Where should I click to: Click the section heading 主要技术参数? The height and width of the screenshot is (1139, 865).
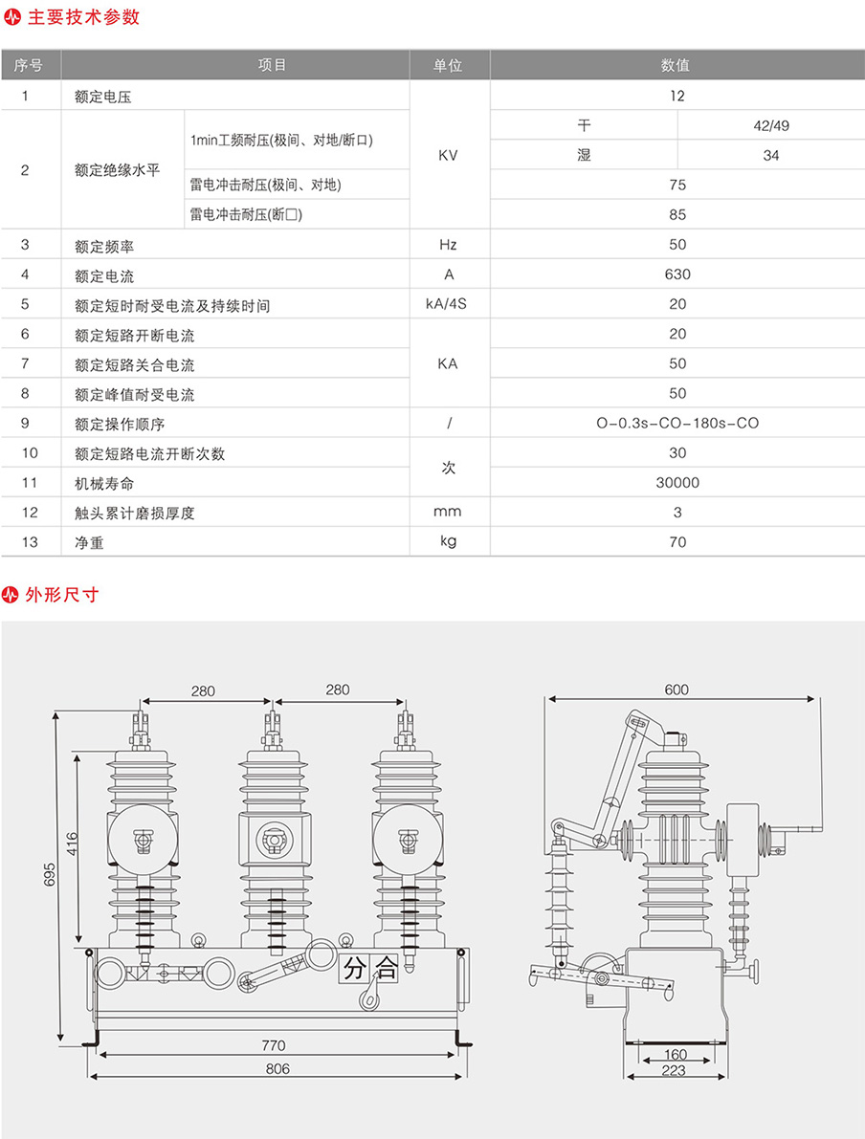(83, 17)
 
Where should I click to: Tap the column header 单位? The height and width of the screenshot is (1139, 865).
(448, 65)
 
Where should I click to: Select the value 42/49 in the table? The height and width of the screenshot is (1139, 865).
(771, 125)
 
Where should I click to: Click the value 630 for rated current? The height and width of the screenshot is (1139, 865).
(677, 274)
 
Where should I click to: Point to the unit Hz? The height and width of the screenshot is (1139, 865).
(448, 245)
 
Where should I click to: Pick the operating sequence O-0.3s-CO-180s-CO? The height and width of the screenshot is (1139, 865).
(677, 423)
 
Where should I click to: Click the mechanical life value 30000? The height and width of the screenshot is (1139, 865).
(677, 483)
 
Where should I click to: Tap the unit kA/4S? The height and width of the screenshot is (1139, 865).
(448, 305)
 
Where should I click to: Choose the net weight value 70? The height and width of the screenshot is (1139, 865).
(677, 542)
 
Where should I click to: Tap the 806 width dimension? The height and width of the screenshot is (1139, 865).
(277, 1068)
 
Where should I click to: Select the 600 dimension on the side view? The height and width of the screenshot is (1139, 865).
(676, 690)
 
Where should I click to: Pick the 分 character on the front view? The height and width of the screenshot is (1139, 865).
(354, 968)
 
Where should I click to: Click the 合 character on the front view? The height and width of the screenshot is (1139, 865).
(385, 968)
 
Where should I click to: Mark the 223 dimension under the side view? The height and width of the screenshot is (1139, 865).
(674, 1071)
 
